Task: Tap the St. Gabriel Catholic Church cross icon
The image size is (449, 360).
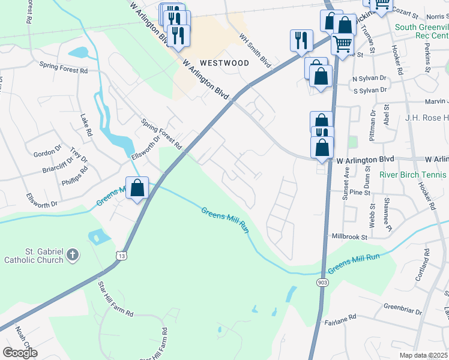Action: point(72,255)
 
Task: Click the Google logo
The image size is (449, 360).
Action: point(19,353)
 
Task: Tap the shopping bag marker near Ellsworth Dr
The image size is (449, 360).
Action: point(137,188)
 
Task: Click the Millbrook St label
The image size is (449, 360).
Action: point(350,237)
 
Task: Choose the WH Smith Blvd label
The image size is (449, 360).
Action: point(255,50)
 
